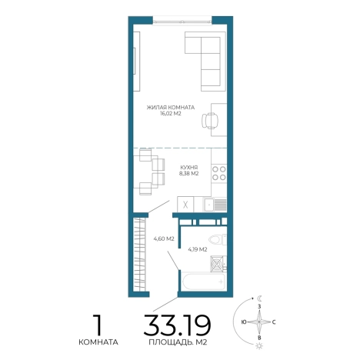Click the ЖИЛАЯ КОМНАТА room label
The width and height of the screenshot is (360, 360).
pyautogui.click(x=171, y=107)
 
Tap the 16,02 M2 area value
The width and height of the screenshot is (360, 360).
pyautogui.click(x=171, y=114)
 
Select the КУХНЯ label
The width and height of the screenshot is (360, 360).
pyautogui.click(x=189, y=167)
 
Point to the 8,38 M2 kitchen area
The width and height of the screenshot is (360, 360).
pyautogui.click(x=189, y=174)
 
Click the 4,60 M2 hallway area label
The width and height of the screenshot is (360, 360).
pyautogui.click(x=164, y=238)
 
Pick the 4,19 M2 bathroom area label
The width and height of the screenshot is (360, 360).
pyautogui.click(x=198, y=249)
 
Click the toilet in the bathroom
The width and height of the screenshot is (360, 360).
pyautogui.click(x=218, y=240)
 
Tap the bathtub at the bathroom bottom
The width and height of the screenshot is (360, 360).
pyautogui.click(x=204, y=282)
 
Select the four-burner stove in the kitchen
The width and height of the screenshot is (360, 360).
pyautogui.click(x=219, y=173)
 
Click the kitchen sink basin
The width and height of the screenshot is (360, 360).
pyautogui.click(x=209, y=205)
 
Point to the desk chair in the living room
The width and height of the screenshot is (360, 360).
pyautogui.click(x=210, y=120)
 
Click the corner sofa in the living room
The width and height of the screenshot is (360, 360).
pyautogui.click(x=205, y=61)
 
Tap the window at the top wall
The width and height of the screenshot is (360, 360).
pyautogui.click(x=182, y=22)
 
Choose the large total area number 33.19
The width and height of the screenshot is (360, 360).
pyautogui.click(x=177, y=325)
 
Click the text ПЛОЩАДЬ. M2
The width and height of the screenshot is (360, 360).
pyautogui.click(x=178, y=342)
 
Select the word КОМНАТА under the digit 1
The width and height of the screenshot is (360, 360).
pyautogui.click(x=98, y=342)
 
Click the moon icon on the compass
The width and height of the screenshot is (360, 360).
pyautogui.click(x=260, y=298)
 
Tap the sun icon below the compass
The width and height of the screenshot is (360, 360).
pyautogui.click(x=259, y=346)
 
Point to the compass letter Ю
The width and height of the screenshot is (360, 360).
pyautogui.click(x=244, y=322)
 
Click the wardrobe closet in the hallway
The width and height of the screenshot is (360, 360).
pyautogui.click(x=140, y=255)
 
